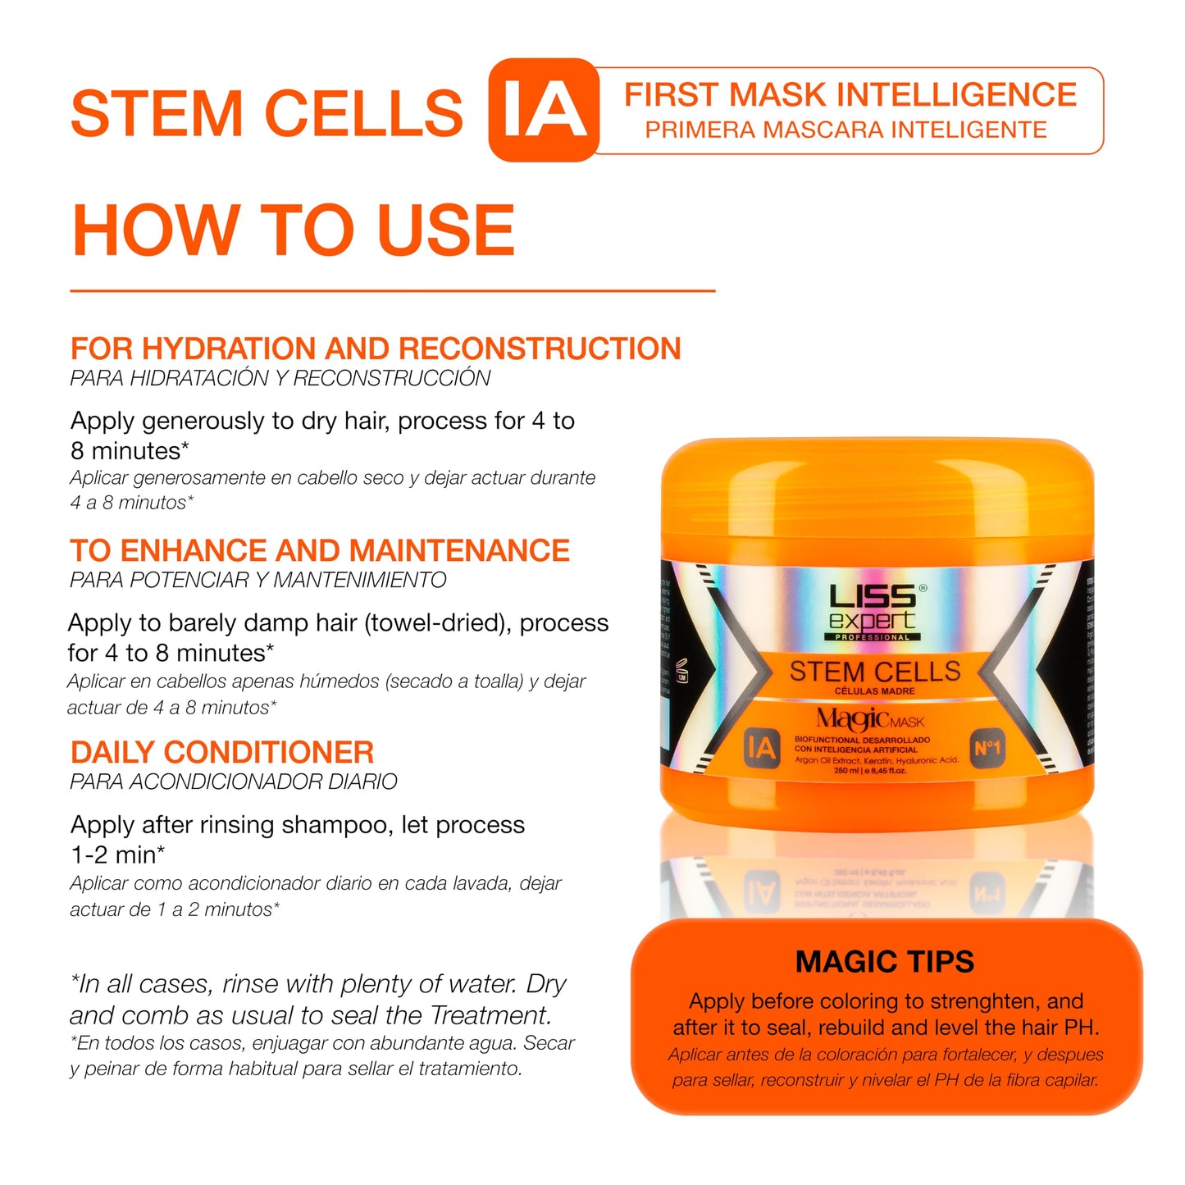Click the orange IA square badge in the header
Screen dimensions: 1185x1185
[544, 110]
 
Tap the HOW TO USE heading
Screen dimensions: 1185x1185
[293, 230]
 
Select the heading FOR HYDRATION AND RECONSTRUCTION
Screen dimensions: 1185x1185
[376, 349]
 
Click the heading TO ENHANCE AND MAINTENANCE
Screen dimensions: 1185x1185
[320, 550]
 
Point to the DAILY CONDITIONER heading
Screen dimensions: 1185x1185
[222, 752]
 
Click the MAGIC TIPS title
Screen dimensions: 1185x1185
[884, 961]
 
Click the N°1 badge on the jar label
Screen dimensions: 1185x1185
[987, 748]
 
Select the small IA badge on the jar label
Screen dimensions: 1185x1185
[760, 748]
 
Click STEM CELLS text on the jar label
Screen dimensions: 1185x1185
[874, 672]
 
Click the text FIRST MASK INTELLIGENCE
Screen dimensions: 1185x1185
[850, 95]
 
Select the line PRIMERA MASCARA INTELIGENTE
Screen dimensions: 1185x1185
[845, 130]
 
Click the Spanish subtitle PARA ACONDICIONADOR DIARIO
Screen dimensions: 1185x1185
[234, 782]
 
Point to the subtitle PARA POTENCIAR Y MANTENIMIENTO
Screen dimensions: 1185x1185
[258, 580]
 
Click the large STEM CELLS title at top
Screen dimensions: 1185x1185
[267, 113]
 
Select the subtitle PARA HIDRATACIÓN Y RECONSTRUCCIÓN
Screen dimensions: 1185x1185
[280, 378]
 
